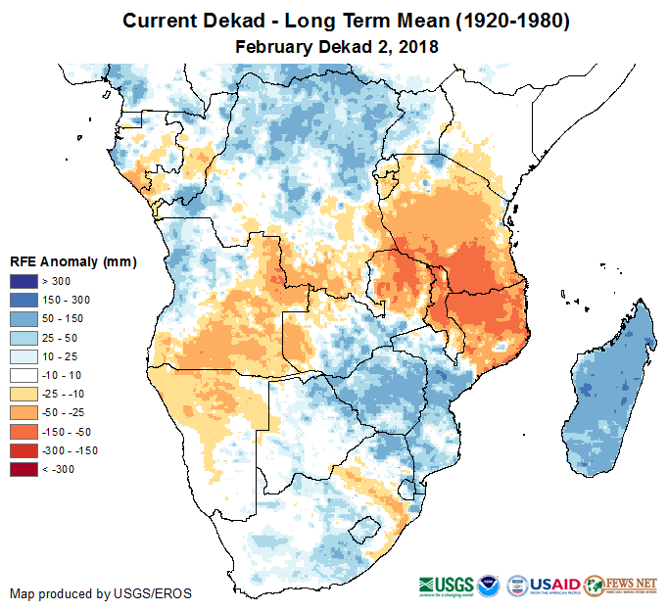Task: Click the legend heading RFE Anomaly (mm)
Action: [72, 262]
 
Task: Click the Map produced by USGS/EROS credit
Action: [101, 593]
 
